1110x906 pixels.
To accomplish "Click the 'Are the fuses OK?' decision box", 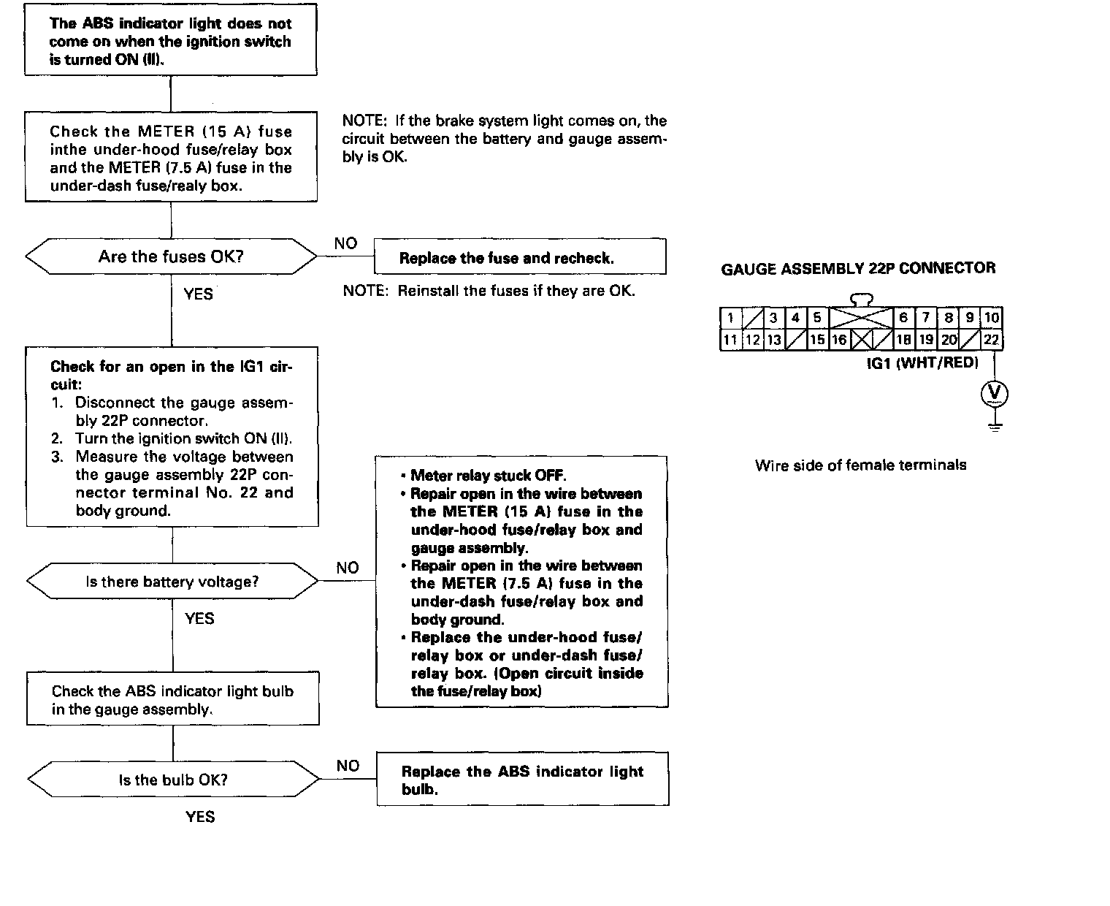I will (171, 256).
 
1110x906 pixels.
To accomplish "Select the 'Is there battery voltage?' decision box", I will (172, 582).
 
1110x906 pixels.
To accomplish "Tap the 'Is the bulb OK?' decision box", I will (173, 780).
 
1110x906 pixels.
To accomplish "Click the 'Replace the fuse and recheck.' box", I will (520, 258).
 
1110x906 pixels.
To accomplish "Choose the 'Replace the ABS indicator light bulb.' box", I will (522, 780).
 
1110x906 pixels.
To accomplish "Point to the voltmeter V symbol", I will (994, 394).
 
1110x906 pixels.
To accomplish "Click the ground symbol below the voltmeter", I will (994, 426).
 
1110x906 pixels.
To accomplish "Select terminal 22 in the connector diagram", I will (991, 340).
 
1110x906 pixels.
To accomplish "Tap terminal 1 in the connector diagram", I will (730, 318).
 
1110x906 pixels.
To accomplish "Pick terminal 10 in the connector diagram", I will (991, 318).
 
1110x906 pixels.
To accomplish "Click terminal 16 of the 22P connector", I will (839, 340).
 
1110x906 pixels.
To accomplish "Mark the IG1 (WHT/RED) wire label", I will (922, 362).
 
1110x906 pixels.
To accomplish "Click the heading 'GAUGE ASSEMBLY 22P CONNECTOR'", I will (858, 268).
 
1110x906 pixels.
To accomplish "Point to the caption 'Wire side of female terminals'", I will (860, 465).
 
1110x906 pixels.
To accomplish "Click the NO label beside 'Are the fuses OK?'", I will (345, 243).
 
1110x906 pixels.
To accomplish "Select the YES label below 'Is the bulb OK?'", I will (200, 816).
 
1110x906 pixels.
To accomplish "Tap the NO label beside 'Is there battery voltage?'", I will (348, 568).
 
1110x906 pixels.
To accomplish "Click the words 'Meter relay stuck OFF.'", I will (489, 476).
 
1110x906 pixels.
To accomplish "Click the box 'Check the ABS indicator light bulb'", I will (173, 700).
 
